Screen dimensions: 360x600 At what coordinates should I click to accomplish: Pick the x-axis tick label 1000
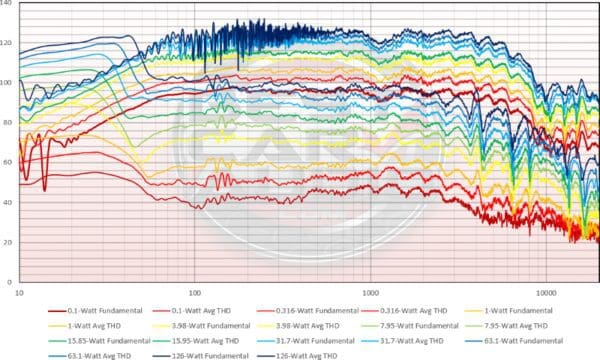369,293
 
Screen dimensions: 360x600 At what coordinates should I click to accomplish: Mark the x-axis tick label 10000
545,293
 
